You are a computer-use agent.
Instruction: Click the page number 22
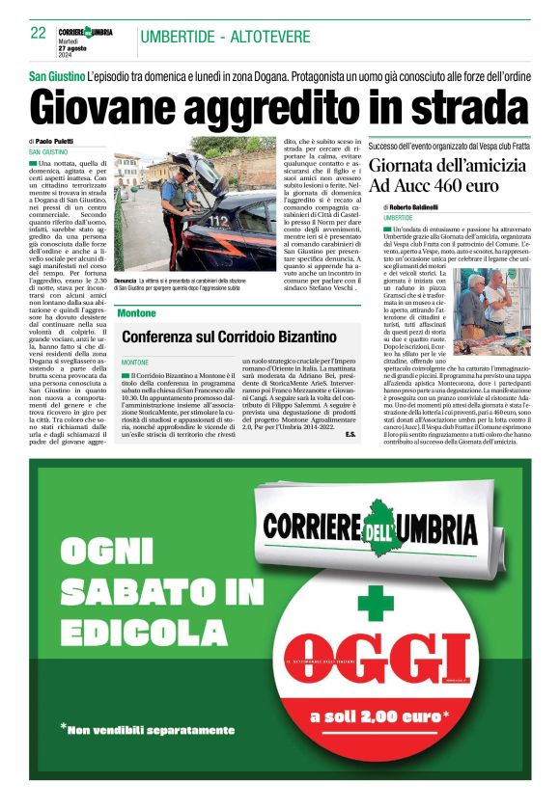point(39,34)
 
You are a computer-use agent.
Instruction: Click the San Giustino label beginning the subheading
point(56,75)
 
